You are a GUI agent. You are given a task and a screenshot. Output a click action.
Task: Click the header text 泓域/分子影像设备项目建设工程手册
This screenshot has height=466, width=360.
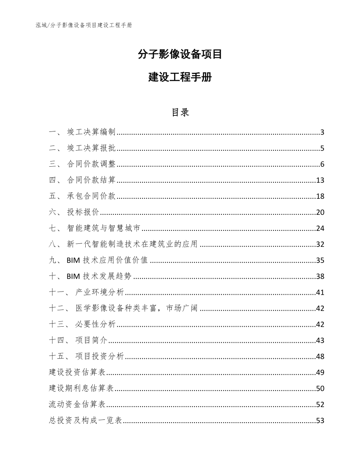(84, 25)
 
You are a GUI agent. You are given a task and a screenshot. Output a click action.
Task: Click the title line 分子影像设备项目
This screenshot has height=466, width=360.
(180, 54)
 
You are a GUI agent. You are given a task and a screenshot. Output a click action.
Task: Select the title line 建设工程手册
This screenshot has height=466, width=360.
(180, 77)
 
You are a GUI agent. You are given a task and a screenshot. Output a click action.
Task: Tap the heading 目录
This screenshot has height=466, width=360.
(180, 112)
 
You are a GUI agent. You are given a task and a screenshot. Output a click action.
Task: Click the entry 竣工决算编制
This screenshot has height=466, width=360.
(91, 132)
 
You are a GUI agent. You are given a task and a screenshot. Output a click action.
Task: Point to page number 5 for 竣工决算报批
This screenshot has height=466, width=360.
(322, 148)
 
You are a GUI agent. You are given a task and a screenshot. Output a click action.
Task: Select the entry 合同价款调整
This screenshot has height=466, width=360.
(91, 164)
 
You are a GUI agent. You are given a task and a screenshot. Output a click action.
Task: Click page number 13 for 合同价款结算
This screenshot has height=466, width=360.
(320, 180)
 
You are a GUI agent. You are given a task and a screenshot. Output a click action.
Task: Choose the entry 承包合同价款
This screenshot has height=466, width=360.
(91, 196)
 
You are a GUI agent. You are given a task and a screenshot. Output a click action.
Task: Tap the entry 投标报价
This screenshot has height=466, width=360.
(83, 212)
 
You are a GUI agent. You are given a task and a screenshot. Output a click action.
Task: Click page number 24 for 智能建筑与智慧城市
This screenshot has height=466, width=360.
(320, 229)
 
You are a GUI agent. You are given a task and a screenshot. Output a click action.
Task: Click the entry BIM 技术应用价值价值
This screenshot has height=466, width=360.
(107, 261)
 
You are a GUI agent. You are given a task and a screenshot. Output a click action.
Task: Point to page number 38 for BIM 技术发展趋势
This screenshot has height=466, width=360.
(320, 277)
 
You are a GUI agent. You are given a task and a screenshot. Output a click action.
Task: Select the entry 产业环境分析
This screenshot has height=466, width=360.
(99, 292)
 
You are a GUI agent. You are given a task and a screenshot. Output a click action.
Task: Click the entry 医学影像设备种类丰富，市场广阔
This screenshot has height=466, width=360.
(137, 308)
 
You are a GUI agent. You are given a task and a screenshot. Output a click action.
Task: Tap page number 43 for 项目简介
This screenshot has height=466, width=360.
(320, 340)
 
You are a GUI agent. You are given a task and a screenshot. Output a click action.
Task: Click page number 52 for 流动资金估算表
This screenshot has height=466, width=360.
(320, 404)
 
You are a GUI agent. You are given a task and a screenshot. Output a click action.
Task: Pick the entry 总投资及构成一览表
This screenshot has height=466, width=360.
(86, 421)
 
